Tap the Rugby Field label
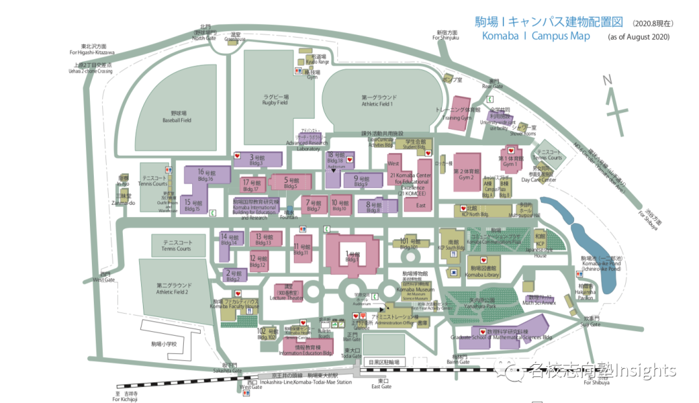pyautogui.click(x=276, y=102)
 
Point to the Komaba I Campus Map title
pyautogui.click(x=536, y=36)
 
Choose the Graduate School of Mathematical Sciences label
pyautogui.click(x=502, y=338)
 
